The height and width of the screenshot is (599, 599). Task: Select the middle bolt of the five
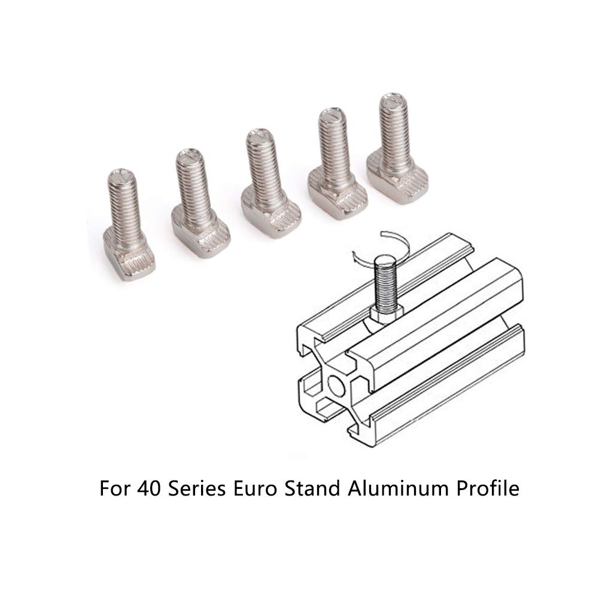(269, 183)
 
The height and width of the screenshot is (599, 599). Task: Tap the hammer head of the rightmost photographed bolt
(398, 179)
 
